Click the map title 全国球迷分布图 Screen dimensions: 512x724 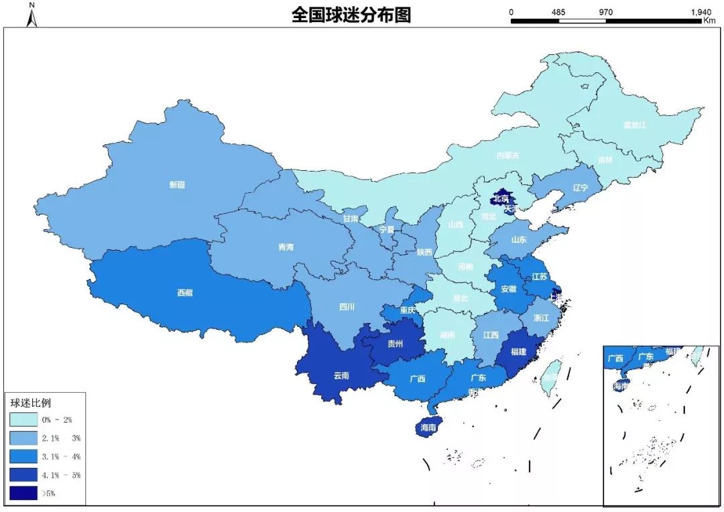(351, 15)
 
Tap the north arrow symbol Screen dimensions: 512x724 (32, 16)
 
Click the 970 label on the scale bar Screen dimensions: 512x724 (606, 12)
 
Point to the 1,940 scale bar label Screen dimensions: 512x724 (700, 12)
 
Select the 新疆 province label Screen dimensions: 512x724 (177, 185)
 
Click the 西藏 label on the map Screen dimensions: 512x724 (185, 292)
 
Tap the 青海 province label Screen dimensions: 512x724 (286, 247)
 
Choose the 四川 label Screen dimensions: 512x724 (347, 308)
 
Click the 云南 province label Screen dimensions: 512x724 (341, 375)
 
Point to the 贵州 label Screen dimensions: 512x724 (396, 344)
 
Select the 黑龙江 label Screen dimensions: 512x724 (634, 125)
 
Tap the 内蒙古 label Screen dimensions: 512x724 (507, 155)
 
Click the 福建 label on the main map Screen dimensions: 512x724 (518, 351)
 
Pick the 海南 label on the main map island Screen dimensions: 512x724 (428, 427)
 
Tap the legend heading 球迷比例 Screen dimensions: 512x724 (30, 403)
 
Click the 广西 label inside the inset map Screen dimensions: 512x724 (615, 358)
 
